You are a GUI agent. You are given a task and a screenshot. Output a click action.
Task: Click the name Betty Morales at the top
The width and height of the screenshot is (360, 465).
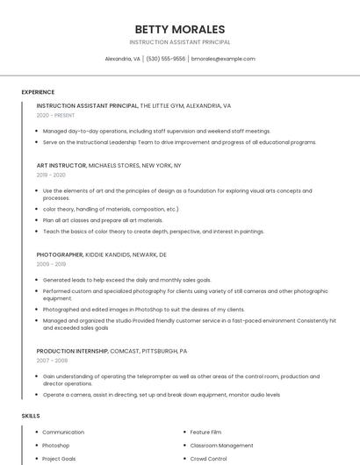(x=180, y=29)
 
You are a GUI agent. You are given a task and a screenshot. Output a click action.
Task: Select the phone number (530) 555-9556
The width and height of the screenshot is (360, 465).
(x=166, y=59)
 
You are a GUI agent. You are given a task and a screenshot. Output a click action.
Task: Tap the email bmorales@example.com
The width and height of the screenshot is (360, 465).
(x=223, y=59)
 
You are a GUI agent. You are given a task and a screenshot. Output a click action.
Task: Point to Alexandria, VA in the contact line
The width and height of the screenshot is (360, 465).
(x=123, y=59)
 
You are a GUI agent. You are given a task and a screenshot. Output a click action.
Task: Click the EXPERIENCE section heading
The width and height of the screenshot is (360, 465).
(x=38, y=92)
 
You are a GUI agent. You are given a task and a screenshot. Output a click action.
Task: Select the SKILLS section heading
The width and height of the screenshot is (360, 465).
(x=30, y=415)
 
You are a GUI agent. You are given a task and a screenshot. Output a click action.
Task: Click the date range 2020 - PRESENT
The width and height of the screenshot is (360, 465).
(x=56, y=115)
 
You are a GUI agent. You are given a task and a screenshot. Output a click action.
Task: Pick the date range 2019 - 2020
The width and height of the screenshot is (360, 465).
(x=51, y=175)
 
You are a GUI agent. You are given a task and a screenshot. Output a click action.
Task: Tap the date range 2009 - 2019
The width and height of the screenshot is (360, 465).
(x=51, y=263)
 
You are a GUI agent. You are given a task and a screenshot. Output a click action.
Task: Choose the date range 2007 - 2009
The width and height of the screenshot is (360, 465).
(x=51, y=360)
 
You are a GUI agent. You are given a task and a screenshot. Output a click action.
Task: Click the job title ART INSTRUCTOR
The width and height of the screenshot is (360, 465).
(x=61, y=165)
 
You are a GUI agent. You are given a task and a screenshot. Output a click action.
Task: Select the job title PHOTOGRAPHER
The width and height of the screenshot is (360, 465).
(x=60, y=254)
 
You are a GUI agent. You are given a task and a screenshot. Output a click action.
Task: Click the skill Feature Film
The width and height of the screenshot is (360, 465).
(x=206, y=433)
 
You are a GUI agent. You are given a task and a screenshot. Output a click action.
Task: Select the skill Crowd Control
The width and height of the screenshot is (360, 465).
(x=209, y=459)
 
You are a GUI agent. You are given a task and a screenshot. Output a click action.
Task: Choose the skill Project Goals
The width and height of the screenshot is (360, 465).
(x=59, y=459)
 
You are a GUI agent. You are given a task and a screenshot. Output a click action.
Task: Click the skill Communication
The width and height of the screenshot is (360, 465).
(x=63, y=433)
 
